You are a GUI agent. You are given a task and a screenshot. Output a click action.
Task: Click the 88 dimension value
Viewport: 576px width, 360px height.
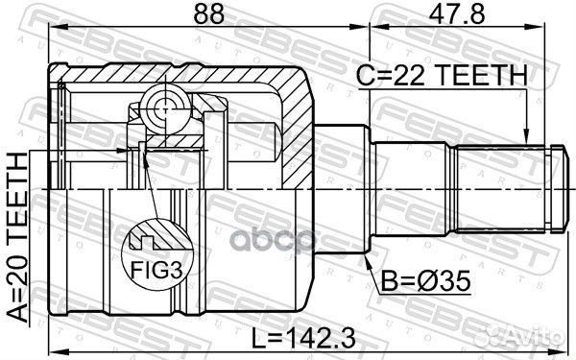pyautogui.click(x=208, y=13)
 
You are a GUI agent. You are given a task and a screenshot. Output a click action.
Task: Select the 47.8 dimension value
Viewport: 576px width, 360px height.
pyautogui.click(x=457, y=13)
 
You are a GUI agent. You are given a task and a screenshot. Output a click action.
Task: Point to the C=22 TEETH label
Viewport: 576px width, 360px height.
pyautogui.click(x=442, y=75)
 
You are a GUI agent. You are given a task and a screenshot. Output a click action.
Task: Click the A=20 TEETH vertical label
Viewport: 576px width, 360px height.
pyautogui.click(x=18, y=237)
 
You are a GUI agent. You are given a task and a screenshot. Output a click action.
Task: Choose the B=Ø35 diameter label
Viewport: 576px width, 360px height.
pyautogui.click(x=425, y=281)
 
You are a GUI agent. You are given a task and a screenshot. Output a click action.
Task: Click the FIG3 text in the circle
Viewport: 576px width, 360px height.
pyautogui.click(x=156, y=271)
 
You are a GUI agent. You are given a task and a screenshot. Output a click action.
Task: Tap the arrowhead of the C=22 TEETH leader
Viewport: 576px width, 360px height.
pyautogui.click(x=526, y=136)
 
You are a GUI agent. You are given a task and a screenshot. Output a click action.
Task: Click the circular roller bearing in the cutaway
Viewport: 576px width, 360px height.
pyautogui.click(x=165, y=108)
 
